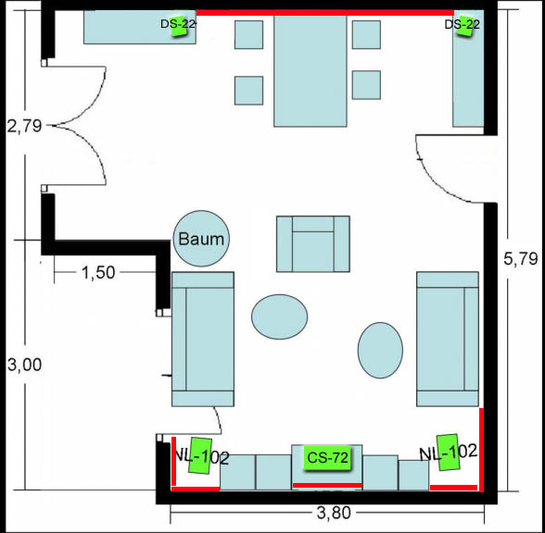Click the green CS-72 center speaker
328,458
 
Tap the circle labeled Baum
201,239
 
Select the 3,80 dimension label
334,514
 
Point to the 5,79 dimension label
520,259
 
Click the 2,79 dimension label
24,126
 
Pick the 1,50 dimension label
98,273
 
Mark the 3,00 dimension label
24,365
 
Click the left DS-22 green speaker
179,26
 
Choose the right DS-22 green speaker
464,26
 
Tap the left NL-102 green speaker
200,455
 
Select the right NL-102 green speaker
448,452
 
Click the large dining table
310,70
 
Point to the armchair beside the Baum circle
313,244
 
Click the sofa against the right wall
448,339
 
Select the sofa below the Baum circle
203,339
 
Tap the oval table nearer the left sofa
280,316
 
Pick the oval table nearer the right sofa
380,350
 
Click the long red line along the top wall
325,13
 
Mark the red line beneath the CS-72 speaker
327,485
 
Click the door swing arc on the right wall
438,175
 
